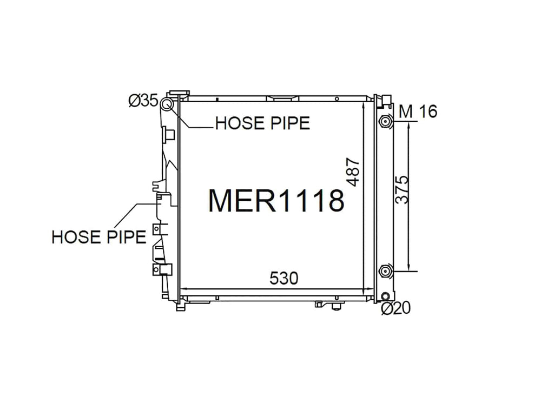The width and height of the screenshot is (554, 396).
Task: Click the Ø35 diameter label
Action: click(143, 101)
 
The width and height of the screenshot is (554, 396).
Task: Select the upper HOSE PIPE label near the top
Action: click(262, 123)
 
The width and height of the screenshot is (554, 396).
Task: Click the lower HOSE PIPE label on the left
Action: click(99, 237)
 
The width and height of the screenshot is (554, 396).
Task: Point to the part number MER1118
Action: click(276, 200)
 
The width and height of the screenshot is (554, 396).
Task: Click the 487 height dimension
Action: click(353, 173)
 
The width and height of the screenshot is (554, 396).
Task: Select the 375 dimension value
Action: click(402, 190)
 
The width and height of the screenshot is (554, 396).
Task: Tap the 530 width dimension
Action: click(283, 279)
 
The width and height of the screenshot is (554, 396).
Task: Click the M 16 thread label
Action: click(418, 111)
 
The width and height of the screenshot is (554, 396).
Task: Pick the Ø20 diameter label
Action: click(396, 308)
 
